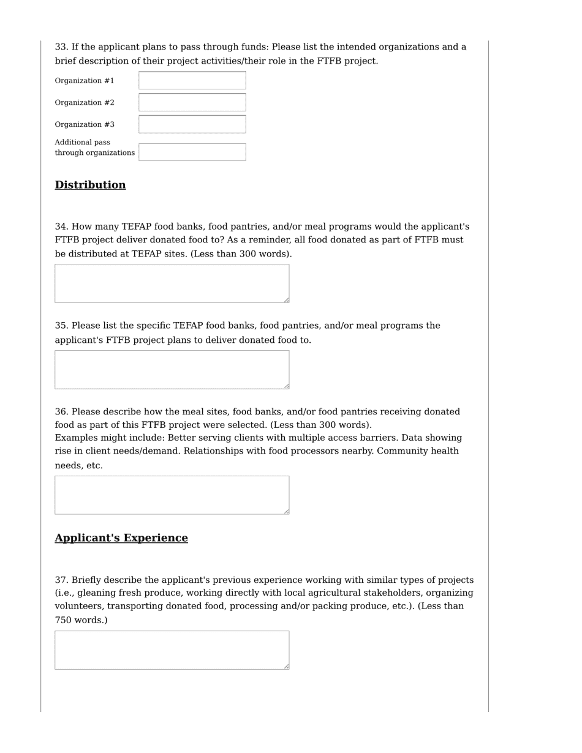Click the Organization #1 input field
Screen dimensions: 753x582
coord(192,81)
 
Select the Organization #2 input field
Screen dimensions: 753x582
coord(192,102)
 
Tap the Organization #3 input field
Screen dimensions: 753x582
coord(192,124)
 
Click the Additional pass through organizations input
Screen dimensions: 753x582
coord(192,152)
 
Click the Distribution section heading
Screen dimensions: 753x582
coord(90,185)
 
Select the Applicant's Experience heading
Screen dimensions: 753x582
coord(121,538)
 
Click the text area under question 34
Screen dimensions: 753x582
coord(172,283)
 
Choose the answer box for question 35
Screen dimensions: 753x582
coord(172,370)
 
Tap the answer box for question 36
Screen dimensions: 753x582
coord(172,495)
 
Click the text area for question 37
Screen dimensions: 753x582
coord(172,650)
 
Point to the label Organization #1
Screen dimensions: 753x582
coord(85,81)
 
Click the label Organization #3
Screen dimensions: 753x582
coord(85,125)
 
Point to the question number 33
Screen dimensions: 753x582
coord(61,47)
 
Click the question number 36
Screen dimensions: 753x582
coord(61,412)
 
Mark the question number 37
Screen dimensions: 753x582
coord(61,580)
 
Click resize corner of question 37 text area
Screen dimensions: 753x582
coord(286,666)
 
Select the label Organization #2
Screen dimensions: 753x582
coord(85,103)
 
